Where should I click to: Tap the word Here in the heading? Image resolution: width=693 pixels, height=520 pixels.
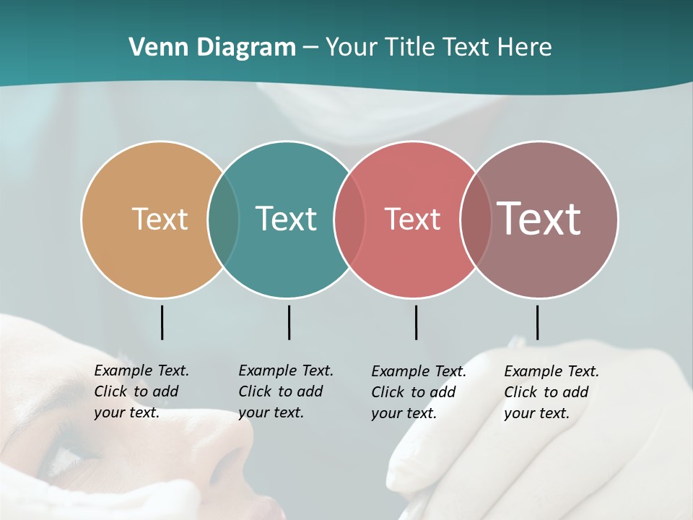[x=526, y=48]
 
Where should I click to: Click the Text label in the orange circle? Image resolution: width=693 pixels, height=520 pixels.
[x=160, y=219]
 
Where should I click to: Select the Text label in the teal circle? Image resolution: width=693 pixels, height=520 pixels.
[x=286, y=219]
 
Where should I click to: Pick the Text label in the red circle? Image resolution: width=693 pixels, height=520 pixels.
[x=412, y=219]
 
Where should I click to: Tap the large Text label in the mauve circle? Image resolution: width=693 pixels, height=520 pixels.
[x=539, y=219]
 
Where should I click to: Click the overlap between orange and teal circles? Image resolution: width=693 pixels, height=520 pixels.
[x=223, y=219]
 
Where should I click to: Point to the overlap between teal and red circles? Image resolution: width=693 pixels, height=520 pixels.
[x=349, y=219]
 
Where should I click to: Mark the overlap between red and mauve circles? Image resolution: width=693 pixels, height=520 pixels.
[x=475, y=219]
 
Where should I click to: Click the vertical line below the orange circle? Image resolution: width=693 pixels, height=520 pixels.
[x=162, y=322]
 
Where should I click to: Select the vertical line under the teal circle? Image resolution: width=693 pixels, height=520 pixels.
[x=289, y=322]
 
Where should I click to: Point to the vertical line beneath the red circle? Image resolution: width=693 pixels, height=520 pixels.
[x=416, y=322]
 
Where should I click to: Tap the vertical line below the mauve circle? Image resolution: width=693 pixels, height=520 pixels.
[x=537, y=322]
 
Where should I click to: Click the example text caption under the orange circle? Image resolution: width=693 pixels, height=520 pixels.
[x=141, y=391]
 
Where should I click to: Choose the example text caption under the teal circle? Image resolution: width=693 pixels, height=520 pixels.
[x=286, y=391]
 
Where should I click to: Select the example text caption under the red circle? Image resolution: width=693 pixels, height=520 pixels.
[x=419, y=392]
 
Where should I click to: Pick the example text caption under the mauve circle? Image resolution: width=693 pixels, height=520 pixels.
[x=552, y=392]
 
